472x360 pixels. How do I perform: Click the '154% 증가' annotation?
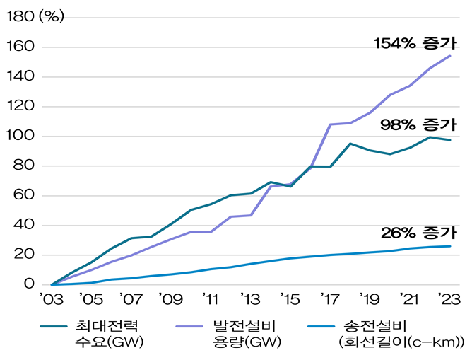[x=415, y=44]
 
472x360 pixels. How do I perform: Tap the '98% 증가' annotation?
[x=418, y=124]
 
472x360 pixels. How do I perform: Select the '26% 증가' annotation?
[x=418, y=233]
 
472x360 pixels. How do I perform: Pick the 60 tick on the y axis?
[x=28, y=195]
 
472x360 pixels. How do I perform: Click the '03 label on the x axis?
[x=51, y=301]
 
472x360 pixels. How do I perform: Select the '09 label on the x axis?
[x=170, y=301]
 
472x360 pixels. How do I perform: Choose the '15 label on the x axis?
[x=289, y=301]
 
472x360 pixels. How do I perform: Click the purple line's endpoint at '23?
[x=451, y=55]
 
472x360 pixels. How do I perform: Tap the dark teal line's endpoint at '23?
[x=451, y=140]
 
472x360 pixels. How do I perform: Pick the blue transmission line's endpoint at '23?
[x=451, y=246]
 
